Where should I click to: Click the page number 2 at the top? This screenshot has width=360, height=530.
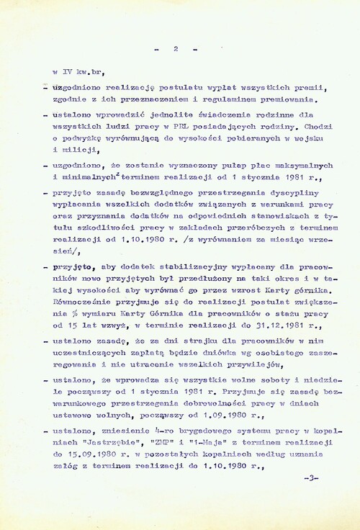pyautogui.click(x=176, y=49)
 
